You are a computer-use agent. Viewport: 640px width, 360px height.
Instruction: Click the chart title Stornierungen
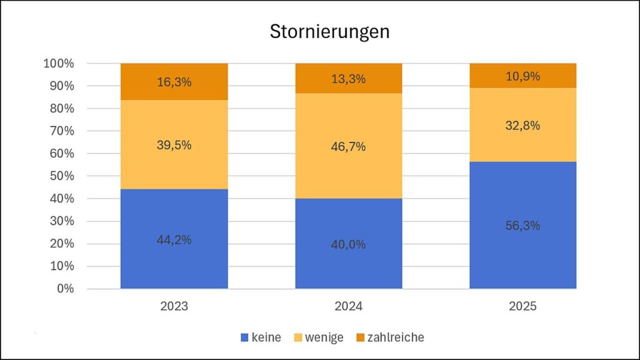coord(329,32)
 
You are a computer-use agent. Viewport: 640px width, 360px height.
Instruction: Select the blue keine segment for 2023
coord(174,262)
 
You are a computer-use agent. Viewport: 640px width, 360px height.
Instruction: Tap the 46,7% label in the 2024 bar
coord(349,147)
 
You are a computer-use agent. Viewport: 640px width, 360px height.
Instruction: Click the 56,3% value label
coord(523,226)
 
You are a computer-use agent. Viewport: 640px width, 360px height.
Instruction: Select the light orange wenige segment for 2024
coord(349,169)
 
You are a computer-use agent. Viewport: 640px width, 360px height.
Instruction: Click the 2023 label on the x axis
coord(174,307)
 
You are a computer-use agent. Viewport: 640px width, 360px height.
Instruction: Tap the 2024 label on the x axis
coord(349,307)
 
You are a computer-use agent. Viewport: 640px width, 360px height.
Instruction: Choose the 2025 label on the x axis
coord(523,307)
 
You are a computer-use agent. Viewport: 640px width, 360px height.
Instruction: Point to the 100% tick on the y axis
coord(59,64)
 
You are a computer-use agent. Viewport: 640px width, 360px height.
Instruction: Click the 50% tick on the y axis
coord(61,176)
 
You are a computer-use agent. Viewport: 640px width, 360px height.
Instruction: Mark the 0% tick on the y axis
coord(64,289)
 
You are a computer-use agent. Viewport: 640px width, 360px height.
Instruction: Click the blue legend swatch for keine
coord(244,338)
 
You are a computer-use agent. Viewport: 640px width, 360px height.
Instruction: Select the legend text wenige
coord(324,337)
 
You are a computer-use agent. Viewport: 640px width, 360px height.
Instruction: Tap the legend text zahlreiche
coord(396,337)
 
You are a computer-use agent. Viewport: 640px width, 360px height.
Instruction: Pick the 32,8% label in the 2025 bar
coord(523,126)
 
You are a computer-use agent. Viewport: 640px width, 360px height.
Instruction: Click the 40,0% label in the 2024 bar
coord(349,244)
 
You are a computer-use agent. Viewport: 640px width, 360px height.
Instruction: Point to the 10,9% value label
coord(523,76)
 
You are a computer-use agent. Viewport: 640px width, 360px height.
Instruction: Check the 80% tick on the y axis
coord(61,109)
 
